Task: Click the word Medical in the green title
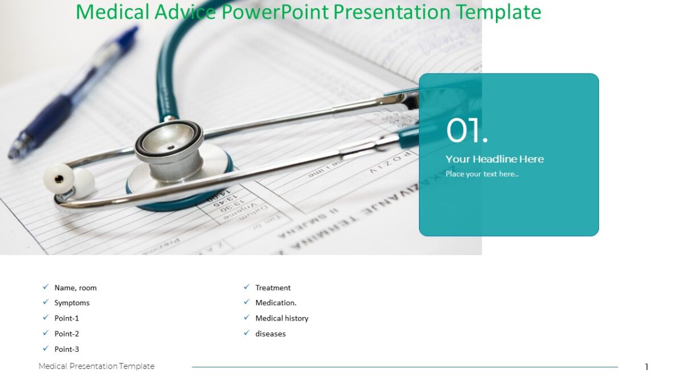pyautogui.click(x=113, y=12)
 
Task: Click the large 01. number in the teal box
pyautogui.click(x=467, y=131)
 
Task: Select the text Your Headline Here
pyautogui.click(x=494, y=159)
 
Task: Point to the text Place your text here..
pyautogui.click(x=482, y=174)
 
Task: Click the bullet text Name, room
pyautogui.click(x=75, y=288)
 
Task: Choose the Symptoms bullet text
pyautogui.click(x=72, y=303)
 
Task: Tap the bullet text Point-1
pyautogui.click(x=67, y=318)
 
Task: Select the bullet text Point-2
pyautogui.click(x=67, y=334)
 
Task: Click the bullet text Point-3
pyautogui.click(x=67, y=349)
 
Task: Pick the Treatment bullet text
pyautogui.click(x=272, y=288)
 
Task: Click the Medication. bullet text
pyautogui.click(x=276, y=303)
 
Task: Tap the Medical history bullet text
pyautogui.click(x=282, y=318)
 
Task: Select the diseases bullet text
pyautogui.click(x=270, y=334)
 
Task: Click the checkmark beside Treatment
pyautogui.click(x=247, y=287)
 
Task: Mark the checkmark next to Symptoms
pyautogui.click(x=46, y=302)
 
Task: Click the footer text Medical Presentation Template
pyautogui.click(x=96, y=366)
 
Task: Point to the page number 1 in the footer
pyautogui.click(x=646, y=367)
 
